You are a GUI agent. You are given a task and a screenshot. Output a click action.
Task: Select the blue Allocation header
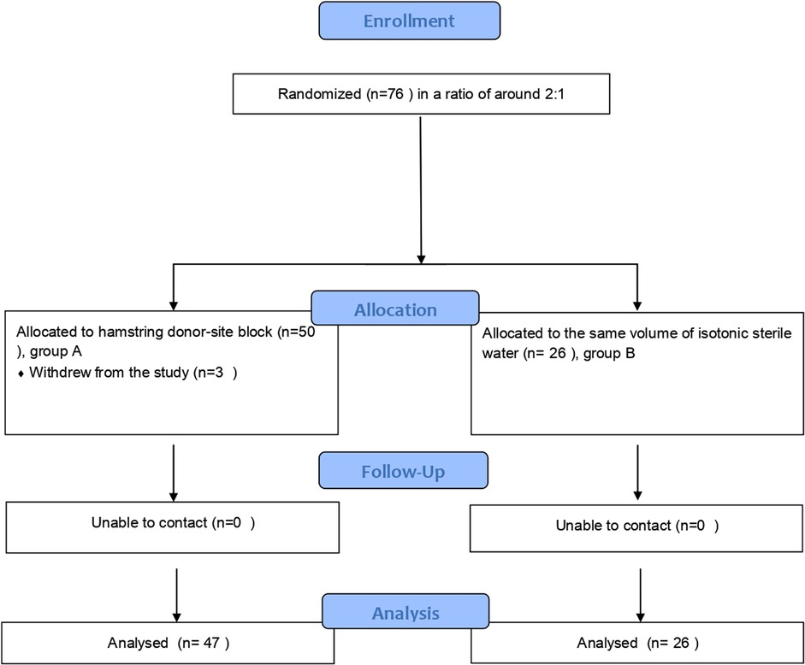point(394,310)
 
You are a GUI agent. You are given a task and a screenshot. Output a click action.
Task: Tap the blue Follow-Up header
point(403,471)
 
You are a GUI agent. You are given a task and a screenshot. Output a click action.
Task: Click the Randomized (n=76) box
point(420,94)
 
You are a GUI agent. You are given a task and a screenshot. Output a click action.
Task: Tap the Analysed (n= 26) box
point(637,643)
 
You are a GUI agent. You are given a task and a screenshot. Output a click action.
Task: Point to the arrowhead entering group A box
point(173,305)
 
